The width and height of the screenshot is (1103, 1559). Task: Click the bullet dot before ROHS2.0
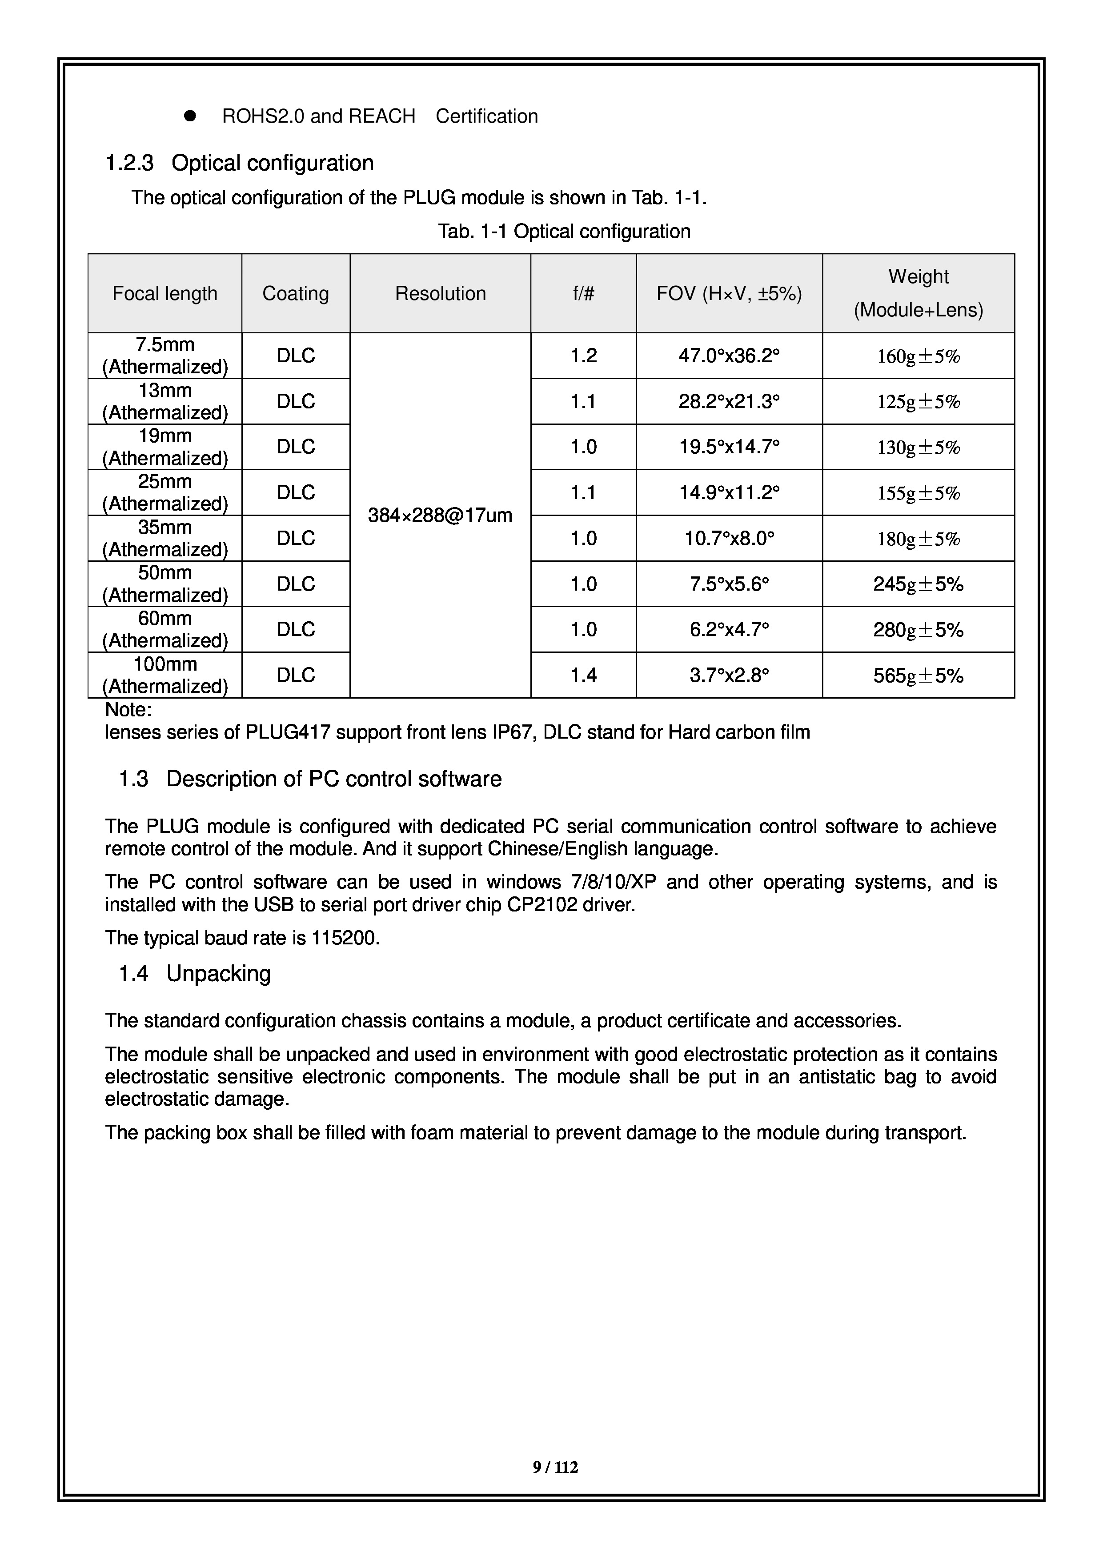pos(190,116)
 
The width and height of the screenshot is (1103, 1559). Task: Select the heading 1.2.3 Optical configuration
pos(240,163)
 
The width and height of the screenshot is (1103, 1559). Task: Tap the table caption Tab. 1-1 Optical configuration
pos(564,232)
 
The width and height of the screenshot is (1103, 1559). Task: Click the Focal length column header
pos(165,293)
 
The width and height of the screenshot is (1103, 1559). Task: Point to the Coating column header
pos(296,293)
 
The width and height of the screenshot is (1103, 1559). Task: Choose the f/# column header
pos(583,293)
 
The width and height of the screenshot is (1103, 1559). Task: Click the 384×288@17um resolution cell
pos(440,516)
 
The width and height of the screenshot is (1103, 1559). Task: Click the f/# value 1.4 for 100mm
pos(583,675)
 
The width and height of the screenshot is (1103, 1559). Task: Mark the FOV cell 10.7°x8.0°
pos(729,539)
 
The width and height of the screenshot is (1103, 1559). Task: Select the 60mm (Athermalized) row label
pos(165,629)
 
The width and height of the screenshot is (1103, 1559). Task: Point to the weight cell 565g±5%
pos(918,676)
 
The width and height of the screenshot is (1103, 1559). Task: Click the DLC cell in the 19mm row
pos(296,447)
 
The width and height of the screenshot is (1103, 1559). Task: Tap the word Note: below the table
pos(128,710)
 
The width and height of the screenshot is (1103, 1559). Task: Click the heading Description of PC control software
pos(333,779)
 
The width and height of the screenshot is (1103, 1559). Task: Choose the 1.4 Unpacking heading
pos(195,974)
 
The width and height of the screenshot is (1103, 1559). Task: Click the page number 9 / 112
pos(555,1468)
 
